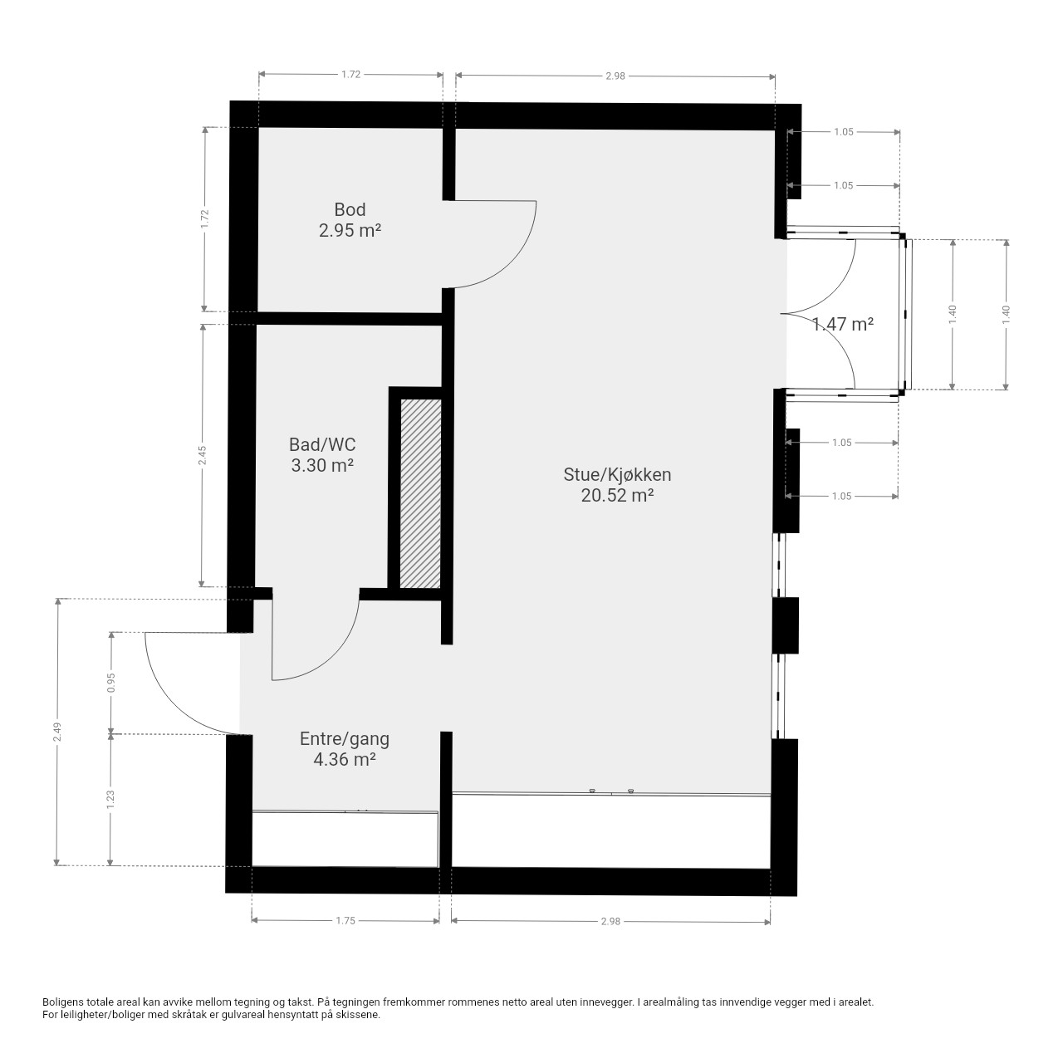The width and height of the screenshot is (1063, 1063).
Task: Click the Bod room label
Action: (x=350, y=209)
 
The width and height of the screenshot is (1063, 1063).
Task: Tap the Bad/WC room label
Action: (x=322, y=444)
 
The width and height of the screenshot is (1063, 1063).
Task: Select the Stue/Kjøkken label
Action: (x=617, y=475)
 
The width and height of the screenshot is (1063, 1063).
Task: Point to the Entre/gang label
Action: (x=344, y=738)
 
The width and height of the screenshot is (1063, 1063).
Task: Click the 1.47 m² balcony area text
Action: (x=843, y=324)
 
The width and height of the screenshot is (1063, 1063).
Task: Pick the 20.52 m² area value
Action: (x=617, y=495)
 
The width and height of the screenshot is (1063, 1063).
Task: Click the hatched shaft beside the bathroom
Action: (x=420, y=493)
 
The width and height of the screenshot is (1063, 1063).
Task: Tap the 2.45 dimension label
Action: (x=203, y=456)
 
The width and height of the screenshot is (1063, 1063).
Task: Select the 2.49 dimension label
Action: (x=56, y=732)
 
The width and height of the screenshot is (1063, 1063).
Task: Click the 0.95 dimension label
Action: (x=111, y=683)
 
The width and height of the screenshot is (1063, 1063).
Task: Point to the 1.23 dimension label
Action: (x=110, y=800)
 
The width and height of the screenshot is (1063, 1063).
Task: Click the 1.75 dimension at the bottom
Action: (x=345, y=921)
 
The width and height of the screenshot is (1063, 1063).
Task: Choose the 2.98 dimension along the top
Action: (x=615, y=76)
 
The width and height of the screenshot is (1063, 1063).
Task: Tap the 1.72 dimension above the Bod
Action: (x=350, y=75)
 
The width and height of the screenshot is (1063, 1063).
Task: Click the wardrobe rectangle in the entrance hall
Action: (x=345, y=839)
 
